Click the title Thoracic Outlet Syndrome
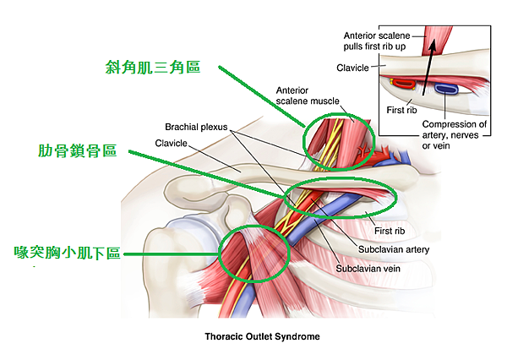(x=262, y=335)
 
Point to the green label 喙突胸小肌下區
(x=67, y=252)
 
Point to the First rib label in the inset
(x=402, y=108)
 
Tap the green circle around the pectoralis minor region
(x=253, y=254)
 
